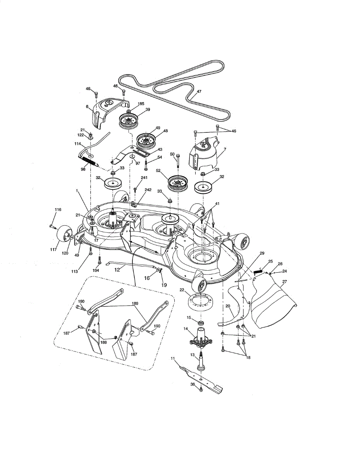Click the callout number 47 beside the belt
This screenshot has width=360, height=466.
199,92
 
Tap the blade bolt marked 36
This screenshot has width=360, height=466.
201,389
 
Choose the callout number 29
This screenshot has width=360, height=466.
262,253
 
